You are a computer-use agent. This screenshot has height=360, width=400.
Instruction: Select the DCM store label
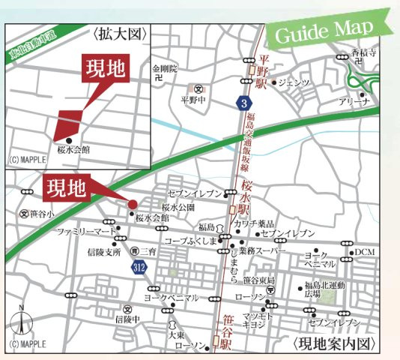click(x=365, y=252)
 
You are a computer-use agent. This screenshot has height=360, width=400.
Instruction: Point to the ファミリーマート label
click(x=87, y=232)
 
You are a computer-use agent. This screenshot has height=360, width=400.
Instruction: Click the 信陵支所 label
click(x=104, y=251)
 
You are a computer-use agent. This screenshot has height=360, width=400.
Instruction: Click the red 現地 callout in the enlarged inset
click(x=106, y=69)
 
